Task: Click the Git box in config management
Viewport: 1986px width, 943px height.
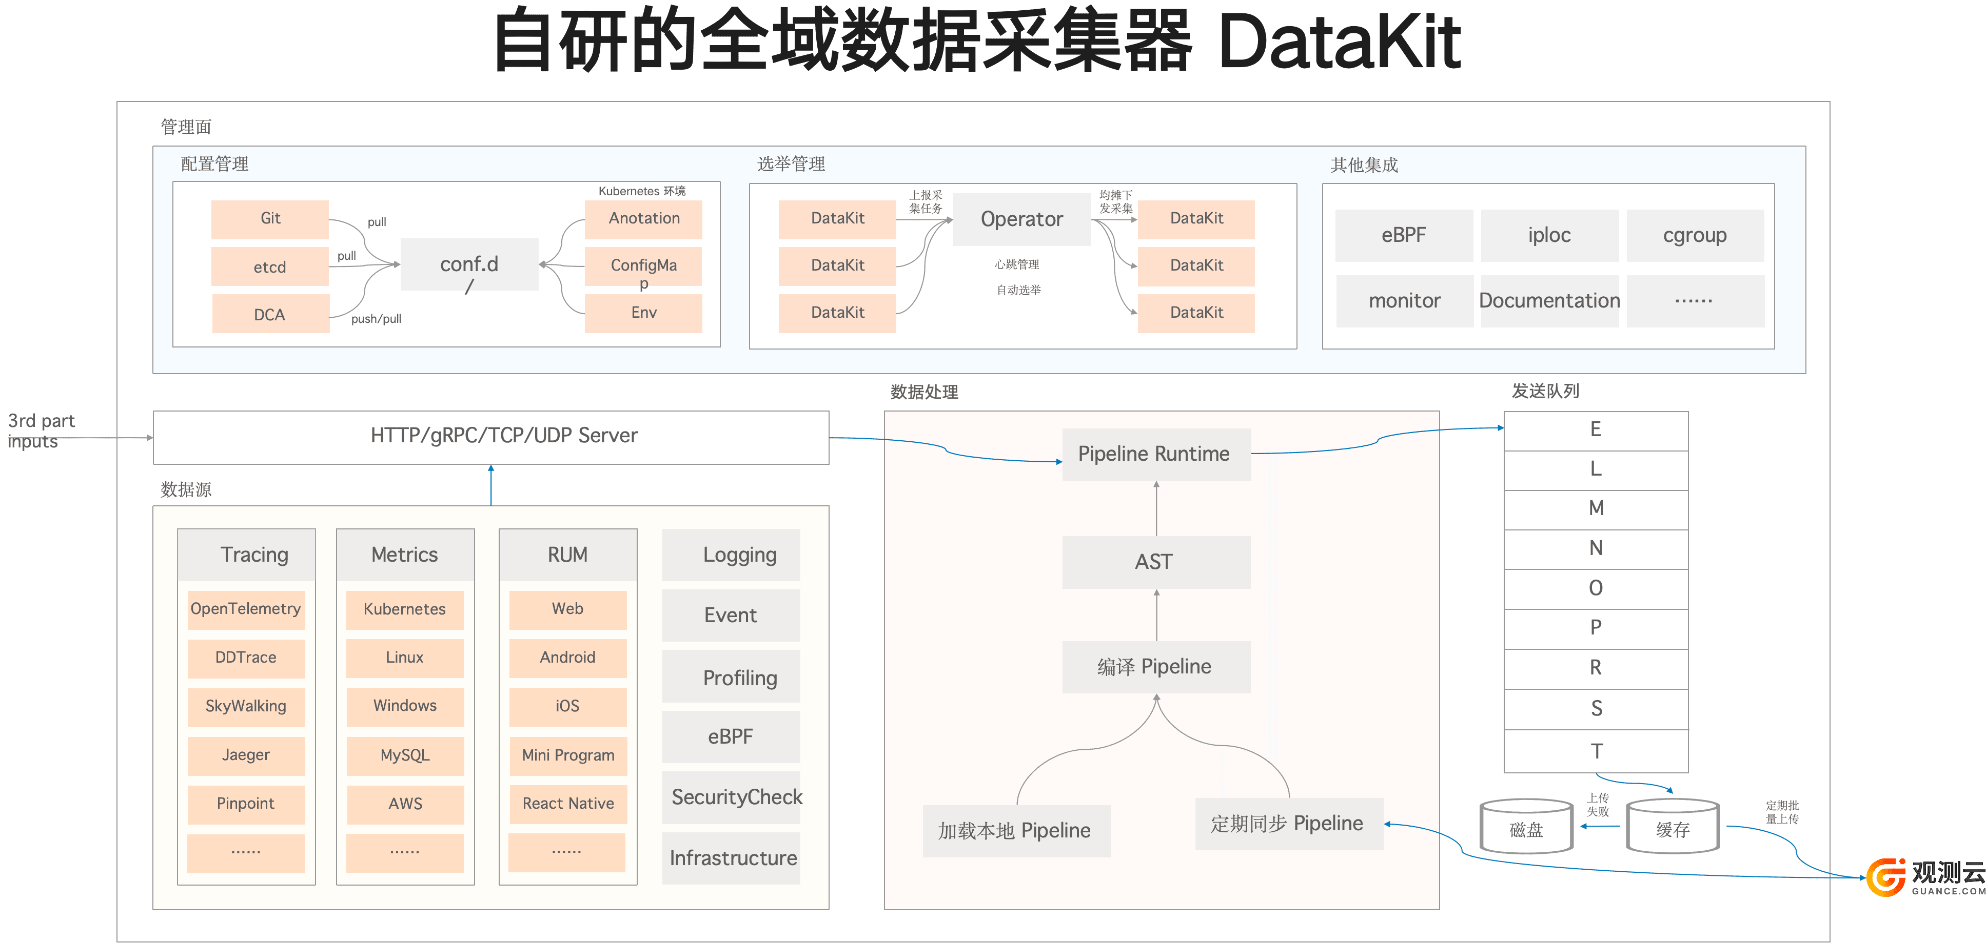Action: (x=270, y=219)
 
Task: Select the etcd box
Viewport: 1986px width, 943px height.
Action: (x=270, y=266)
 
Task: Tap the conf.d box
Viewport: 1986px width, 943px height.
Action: (x=469, y=264)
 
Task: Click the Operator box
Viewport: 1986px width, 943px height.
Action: (x=1021, y=219)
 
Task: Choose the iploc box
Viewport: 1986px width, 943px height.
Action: (x=1549, y=235)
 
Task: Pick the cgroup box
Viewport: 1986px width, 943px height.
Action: (x=1695, y=235)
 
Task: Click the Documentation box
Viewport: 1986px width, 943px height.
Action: (x=1549, y=300)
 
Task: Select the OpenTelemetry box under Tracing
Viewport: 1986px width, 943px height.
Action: (x=246, y=609)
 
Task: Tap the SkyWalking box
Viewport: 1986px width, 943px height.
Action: (x=246, y=706)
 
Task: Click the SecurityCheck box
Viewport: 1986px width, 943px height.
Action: (x=732, y=797)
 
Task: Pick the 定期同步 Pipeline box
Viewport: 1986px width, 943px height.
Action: (x=1288, y=824)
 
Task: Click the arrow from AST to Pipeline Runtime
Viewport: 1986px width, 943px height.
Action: (x=1156, y=508)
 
